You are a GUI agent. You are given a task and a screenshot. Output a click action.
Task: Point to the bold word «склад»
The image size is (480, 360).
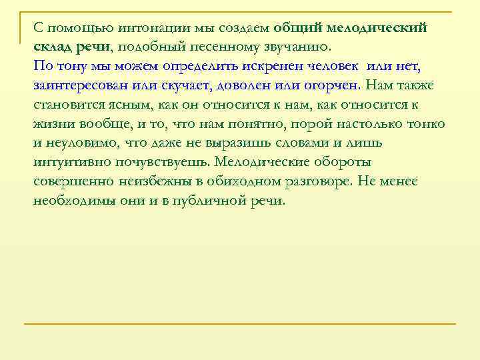click(x=53, y=47)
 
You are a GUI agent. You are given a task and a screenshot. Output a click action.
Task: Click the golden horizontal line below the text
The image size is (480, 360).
click(x=240, y=324)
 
